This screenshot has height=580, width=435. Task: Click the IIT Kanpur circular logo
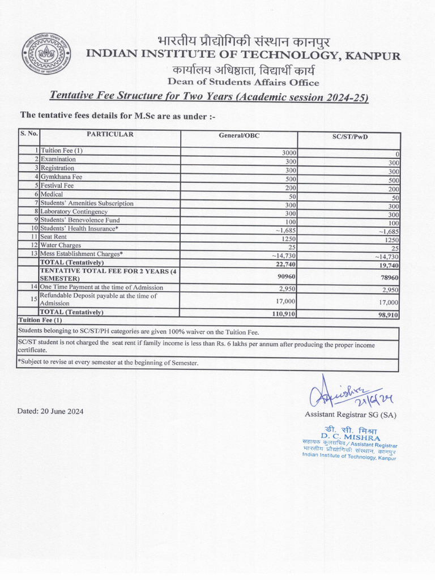pyautogui.click(x=46, y=54)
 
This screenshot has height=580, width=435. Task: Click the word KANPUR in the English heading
pyautogui.click(x=373, y=56)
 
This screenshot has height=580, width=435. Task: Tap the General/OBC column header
pyautogui.click(x=239, y=135)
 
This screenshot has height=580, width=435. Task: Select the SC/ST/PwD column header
pyautogui.click(x=349, y=137)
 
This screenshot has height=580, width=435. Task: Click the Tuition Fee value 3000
pyautogui.click(x=289, y=153)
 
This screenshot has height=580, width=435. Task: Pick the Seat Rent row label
pyautogui.click(x=53, y=237)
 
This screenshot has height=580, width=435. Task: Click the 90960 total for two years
pyautogui.click(x=286, y=277)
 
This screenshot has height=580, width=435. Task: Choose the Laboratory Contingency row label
pyautogui.click(x=74, y=211)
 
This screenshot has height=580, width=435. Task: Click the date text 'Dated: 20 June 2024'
pyautogui.click(x=50, y=411)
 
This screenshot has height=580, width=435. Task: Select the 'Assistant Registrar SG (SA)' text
pyautogui.click(x=350, y=415)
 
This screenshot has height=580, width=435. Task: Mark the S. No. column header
pyautogui.click(x=28, y=134)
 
